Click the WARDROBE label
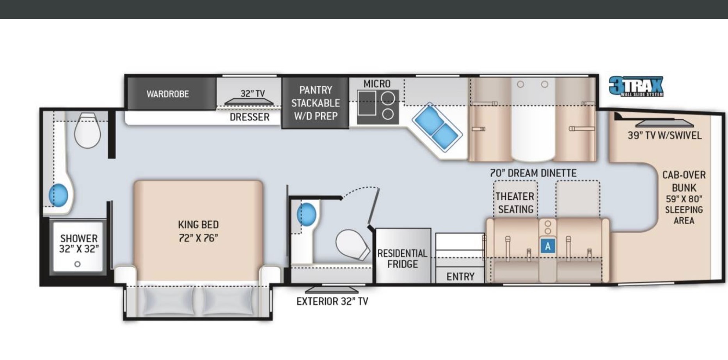point(168,94)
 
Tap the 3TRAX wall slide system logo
point(636,86)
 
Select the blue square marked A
point(548,246)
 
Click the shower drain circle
point(77,264)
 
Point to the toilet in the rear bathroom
point(87,130)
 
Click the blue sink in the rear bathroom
point(58,195)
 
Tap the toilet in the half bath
point(352,245)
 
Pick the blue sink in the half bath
point(306,214)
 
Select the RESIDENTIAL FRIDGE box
point(403,255)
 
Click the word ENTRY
point(460,277)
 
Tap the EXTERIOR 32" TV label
point(332,301)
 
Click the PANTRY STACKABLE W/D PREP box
point(315,103)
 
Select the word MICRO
point(377,84)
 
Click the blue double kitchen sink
point(437,127)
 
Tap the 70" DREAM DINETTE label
point(533,173)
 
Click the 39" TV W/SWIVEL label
point(664,135)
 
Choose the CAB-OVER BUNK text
point(684,181)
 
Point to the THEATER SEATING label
point(515,203)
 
